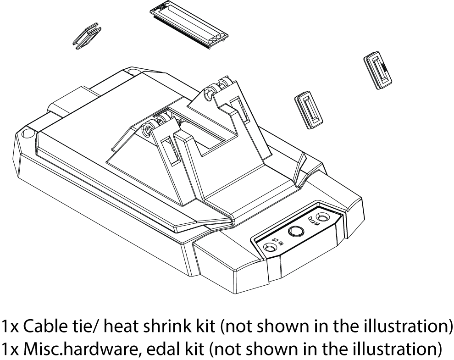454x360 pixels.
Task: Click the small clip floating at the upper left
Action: coord(87,36)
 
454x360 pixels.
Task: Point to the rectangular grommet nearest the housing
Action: coord(309,110)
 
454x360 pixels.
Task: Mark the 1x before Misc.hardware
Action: coord(10,348)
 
